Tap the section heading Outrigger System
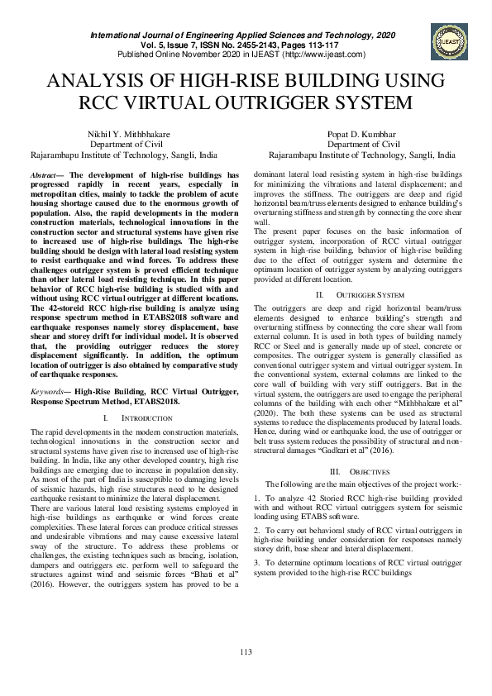(375, 295)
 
